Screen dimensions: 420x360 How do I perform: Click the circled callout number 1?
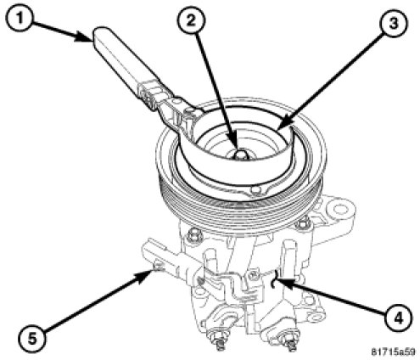[20, 19]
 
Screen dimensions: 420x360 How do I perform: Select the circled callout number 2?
[192, 20]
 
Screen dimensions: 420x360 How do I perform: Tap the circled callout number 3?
[393, 23]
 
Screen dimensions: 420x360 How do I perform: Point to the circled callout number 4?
[398, 318]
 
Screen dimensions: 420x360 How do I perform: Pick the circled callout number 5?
[32, 338]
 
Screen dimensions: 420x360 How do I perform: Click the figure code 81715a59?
[393, 352]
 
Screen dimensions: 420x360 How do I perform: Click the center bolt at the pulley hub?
[240, 155]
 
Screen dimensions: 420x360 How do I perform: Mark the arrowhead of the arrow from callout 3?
[283, 126]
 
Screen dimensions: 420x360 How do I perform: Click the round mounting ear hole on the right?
[340, 210]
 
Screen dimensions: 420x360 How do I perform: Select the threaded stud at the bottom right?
[289, 341]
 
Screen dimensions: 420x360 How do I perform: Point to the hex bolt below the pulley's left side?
[194, 233]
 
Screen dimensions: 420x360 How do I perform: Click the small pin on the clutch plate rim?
[255, 190]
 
